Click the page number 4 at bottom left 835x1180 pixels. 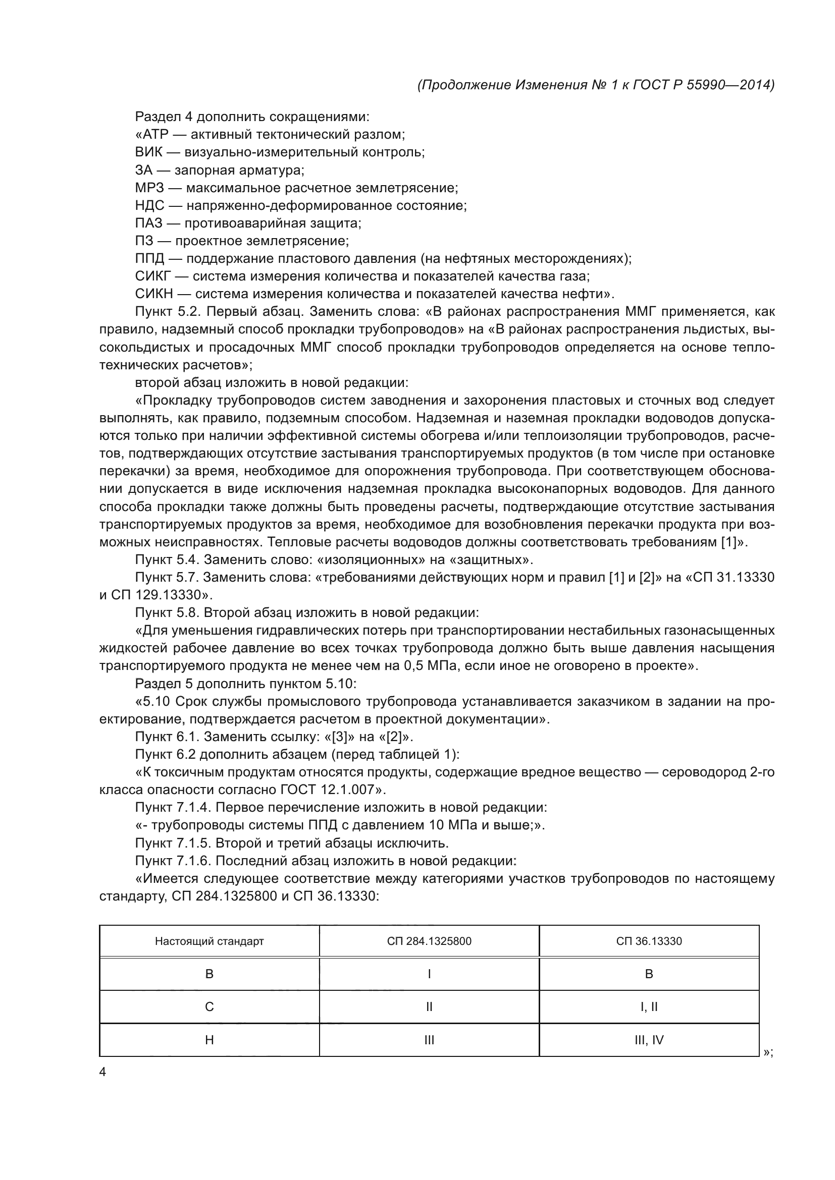(102, 1072)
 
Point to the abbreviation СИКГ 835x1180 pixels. (152, 276)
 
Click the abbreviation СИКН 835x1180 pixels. (154, 294)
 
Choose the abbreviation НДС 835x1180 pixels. (149, 205)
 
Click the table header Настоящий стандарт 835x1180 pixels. (210, 941)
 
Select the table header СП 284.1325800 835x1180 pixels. (429, 941)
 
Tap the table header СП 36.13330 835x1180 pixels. (649, 941)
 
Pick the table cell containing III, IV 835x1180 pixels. (649, 1040)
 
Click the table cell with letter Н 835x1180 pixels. (210, 1040)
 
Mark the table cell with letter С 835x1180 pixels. (210, 1007)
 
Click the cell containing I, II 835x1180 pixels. (649, 1007)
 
